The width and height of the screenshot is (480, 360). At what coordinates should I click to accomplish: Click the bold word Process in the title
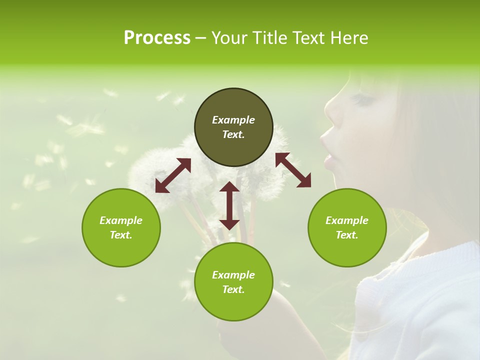point(157,38)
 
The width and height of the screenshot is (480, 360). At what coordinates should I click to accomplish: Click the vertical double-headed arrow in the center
point(229,205)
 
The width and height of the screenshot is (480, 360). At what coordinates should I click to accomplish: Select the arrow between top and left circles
point(173,175)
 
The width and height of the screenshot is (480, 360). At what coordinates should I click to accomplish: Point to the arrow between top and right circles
point(293,170)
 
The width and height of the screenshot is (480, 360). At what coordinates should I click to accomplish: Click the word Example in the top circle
point(233,120)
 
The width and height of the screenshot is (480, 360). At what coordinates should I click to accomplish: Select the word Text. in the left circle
point(121,235)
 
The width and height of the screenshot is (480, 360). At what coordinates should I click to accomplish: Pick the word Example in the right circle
point(347,220)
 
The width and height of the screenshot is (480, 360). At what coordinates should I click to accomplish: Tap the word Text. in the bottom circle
point(233,289)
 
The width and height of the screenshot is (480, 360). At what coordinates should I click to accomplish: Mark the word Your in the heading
point(228,38)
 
